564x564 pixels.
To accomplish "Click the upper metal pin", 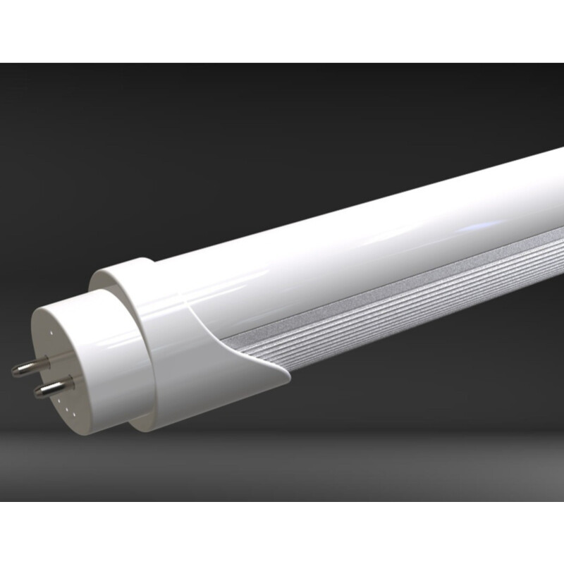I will pyautogui.click(x=28, y=367).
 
